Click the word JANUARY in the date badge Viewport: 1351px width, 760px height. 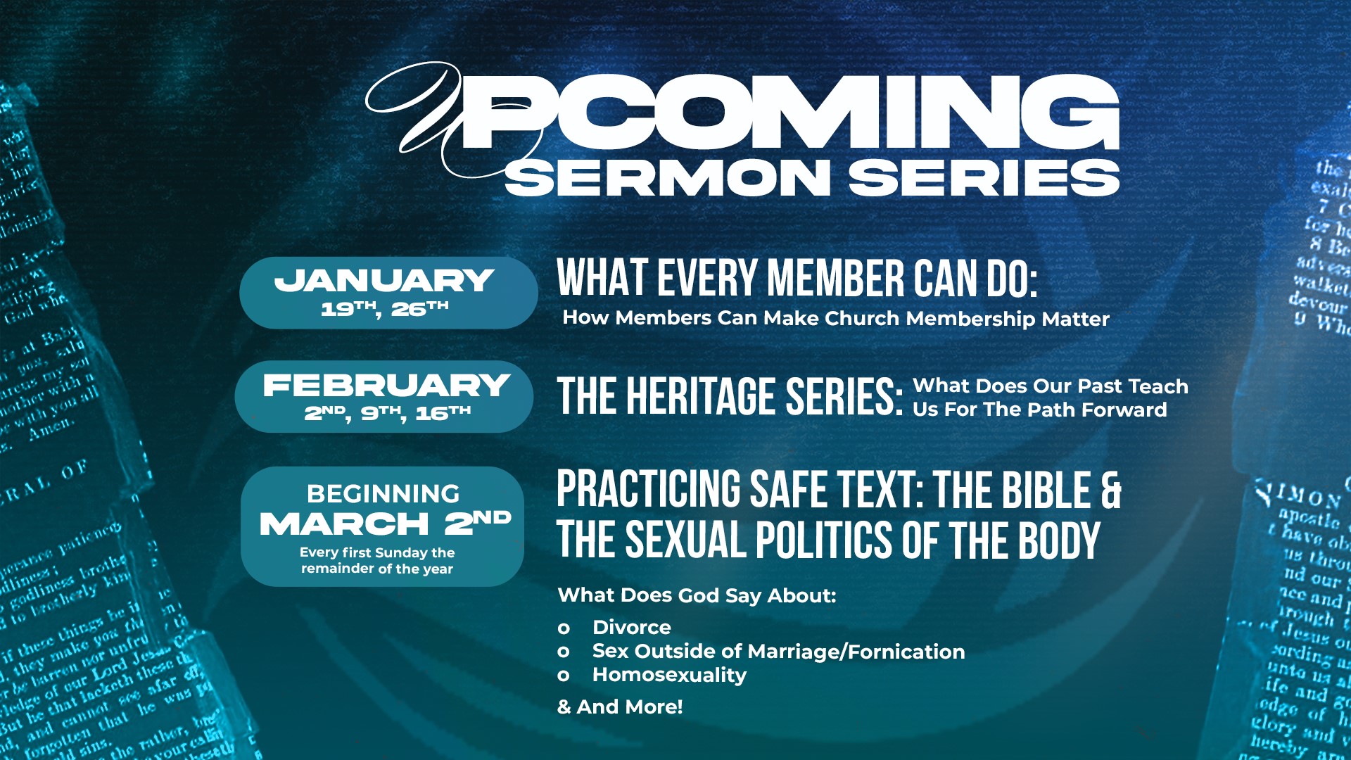pos(383,281)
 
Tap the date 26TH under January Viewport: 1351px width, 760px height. pos(419,308)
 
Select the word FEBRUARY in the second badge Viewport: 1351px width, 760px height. pos(386,385)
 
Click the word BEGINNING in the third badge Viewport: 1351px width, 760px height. pos(383,494)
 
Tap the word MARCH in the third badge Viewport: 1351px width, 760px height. pos(344,524)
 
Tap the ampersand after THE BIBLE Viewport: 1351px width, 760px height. pos(1110,490)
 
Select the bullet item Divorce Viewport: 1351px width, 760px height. pos(631,627)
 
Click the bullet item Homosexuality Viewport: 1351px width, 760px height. pos(669,675)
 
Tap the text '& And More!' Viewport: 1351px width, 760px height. pos(620,707)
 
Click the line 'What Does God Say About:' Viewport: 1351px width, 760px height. pos(697,595)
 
